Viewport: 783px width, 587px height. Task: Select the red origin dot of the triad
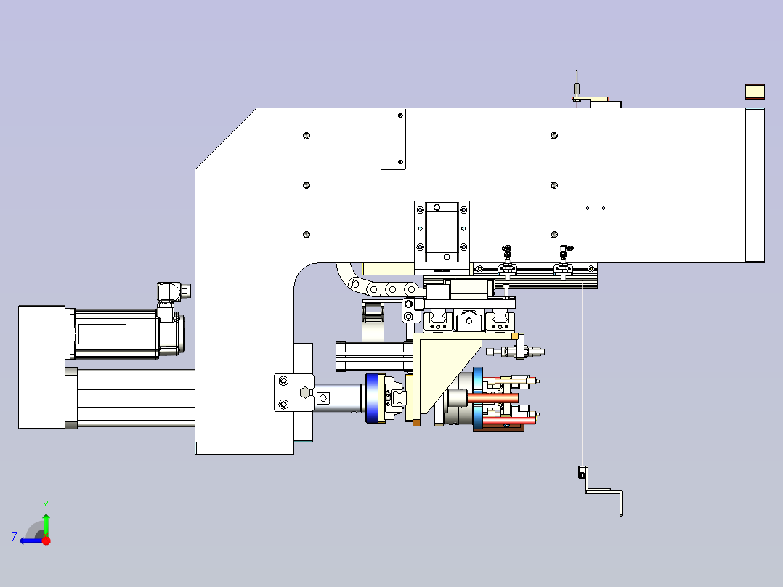pos(46,541)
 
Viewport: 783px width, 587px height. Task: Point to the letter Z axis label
pos(15,537)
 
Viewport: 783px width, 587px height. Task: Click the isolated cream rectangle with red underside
pos(755,92)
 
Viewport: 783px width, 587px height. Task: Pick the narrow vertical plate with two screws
pos(393,139)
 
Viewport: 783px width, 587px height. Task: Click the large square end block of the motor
pos(42,367)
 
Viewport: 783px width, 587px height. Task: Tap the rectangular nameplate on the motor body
pos(102,334)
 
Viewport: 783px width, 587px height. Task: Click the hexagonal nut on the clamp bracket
pos(305,393)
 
